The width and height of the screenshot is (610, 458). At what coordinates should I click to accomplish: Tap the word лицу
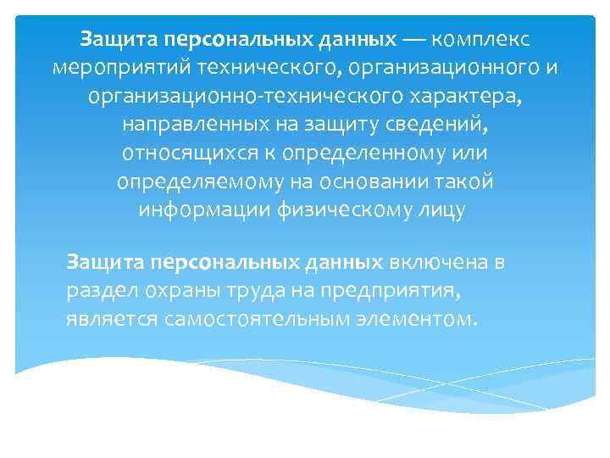coord(442,211)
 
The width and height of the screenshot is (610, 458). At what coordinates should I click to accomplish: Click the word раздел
coord(97,291)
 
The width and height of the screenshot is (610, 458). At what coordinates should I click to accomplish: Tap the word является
coord(105,320)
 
